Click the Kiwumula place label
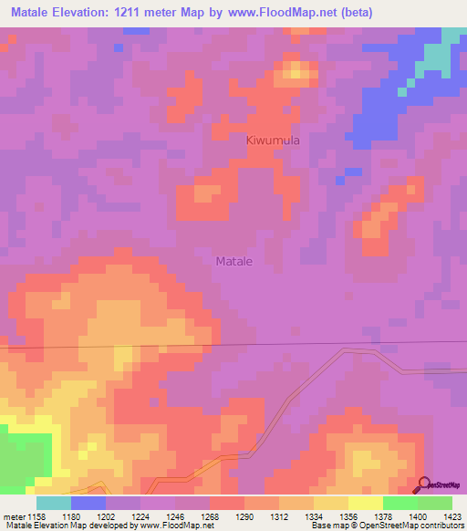pos(273,141)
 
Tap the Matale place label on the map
pos(234,261)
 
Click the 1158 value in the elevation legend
pos(36,515)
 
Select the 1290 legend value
pos(244,515)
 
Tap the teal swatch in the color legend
pos(53,503)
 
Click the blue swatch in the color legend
pos(88,503)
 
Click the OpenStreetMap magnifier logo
pos(424,485)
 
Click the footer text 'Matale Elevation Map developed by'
pos(57,526)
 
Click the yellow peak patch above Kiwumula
pos(296,69)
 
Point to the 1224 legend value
pos(140,515)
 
